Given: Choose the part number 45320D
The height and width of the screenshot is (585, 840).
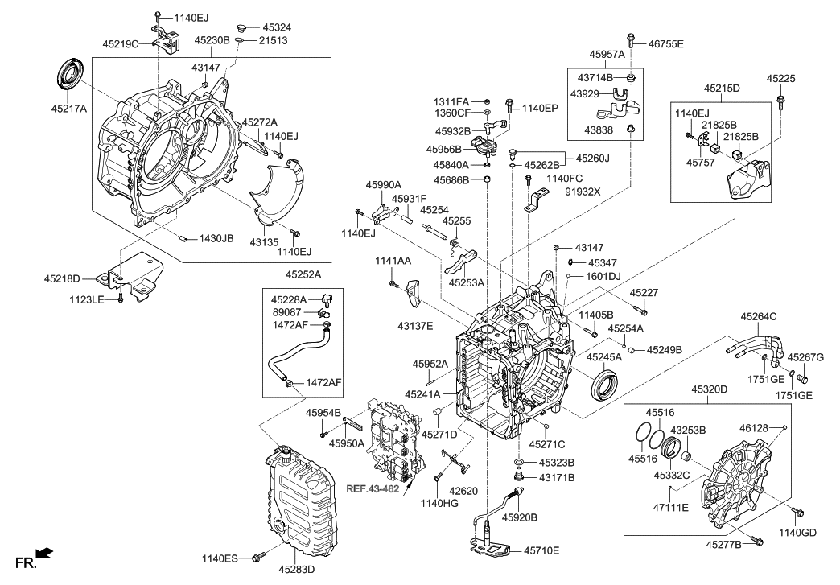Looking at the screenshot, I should point(709,389).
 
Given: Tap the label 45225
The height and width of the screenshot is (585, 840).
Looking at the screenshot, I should point(780,80).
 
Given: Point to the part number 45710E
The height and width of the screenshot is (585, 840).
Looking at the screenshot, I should point(541,550).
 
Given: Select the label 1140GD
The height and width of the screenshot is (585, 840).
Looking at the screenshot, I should point(797,532).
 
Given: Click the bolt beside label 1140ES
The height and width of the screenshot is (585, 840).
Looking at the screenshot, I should point(258,556).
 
